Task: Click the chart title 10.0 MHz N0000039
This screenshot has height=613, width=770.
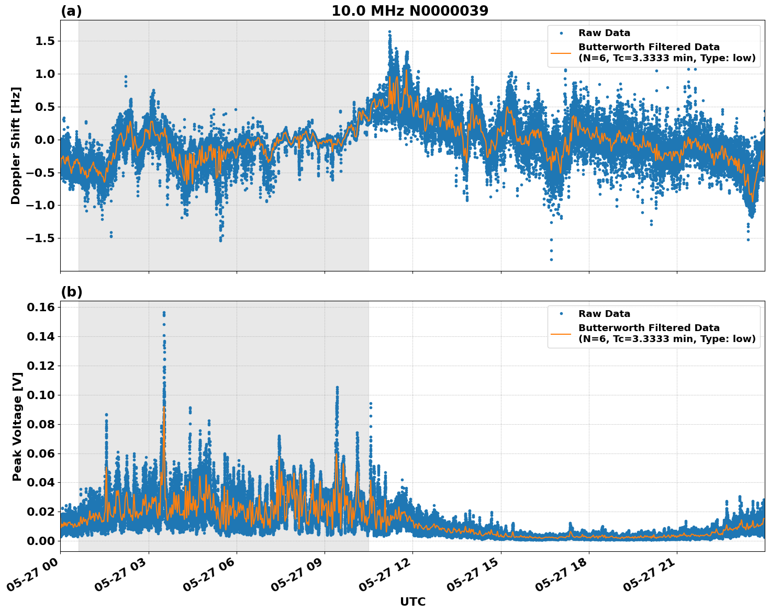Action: click(x=409, y=11)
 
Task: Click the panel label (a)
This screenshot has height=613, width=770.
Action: click(x=71, y=11)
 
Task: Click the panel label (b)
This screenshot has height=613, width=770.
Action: click(x=71, y=292)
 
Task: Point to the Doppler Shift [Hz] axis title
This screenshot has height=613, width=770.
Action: click(x=16, y=145)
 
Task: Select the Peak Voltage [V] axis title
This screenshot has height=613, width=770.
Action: click(x=17, y=426)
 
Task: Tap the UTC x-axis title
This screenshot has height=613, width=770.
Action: click(x=412, y=601)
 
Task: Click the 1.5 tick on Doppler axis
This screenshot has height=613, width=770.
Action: click(x=44, y=41)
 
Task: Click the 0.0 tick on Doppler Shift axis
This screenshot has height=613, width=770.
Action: click(x=44, y=140)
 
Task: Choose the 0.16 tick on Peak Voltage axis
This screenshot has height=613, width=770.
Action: click(x=41, y=307)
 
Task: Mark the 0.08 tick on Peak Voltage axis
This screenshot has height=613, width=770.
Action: click(x=41, y=424)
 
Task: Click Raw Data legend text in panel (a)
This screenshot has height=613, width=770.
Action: click(x=604, y=33)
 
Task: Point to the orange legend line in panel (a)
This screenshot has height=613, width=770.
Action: click(x=561, y=53)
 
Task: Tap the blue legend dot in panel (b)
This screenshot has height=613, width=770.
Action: click(x=561, y=314)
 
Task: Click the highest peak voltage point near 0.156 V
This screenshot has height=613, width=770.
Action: click(x=164, y=313)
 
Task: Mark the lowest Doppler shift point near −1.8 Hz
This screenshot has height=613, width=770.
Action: click(x=551, y=259)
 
